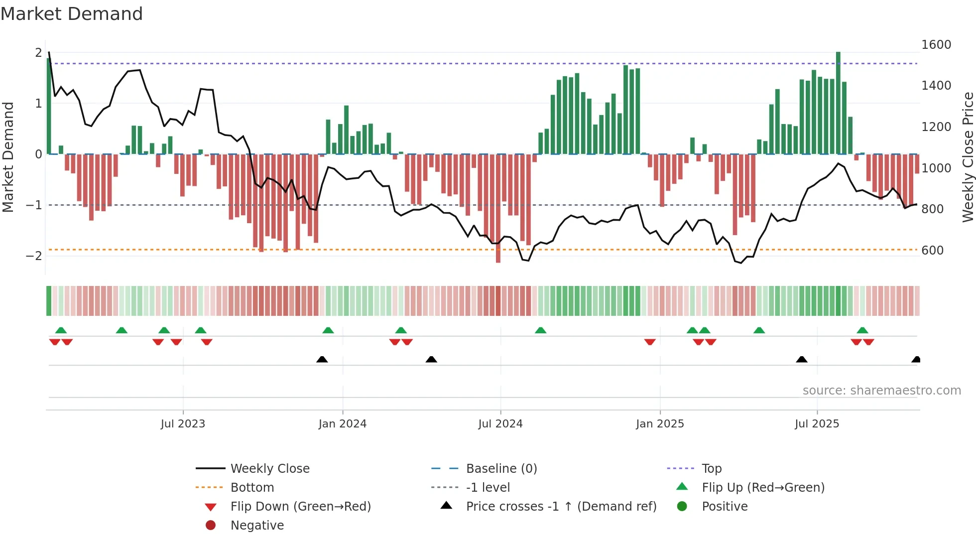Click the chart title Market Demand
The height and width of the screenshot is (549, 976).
tap(72, 14)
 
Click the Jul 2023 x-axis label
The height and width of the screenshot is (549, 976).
tap(183, 424)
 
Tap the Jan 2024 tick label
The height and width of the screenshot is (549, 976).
tap(343, 424)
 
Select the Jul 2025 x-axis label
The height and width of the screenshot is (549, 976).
tap(817, 424)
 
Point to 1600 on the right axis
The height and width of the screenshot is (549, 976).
tap(936, 45)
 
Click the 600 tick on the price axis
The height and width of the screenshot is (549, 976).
tap(932, 251)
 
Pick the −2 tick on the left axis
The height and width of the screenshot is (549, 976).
tap(34, 256)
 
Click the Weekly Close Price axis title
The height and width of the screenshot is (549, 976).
tap(968, 157)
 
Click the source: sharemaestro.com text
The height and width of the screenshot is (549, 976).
tap(881, 391)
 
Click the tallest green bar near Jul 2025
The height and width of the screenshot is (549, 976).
tap(838, 102)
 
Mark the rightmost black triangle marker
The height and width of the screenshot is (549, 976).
tap(916, 359)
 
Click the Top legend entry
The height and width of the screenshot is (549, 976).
tap(711, 469)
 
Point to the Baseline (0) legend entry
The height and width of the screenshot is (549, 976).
tap(501, 469)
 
